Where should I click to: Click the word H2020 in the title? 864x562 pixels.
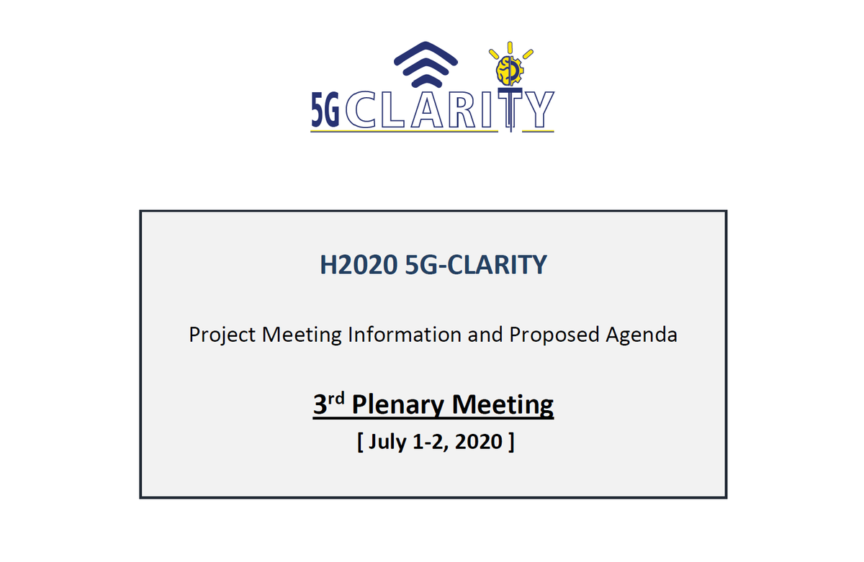(x=358, y=266)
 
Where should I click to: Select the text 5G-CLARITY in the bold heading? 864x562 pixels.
(x=476, y=266)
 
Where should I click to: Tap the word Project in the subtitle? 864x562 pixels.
(x=222, y=335)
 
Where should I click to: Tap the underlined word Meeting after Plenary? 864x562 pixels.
(x=503, y=404)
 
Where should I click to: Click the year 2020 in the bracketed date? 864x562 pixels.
(x=478, y=440)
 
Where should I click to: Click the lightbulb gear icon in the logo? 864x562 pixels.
(x=510, y=68)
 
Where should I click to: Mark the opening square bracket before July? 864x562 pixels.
(x=360, y=440)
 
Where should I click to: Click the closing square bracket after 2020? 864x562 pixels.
(x=510, y=440)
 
